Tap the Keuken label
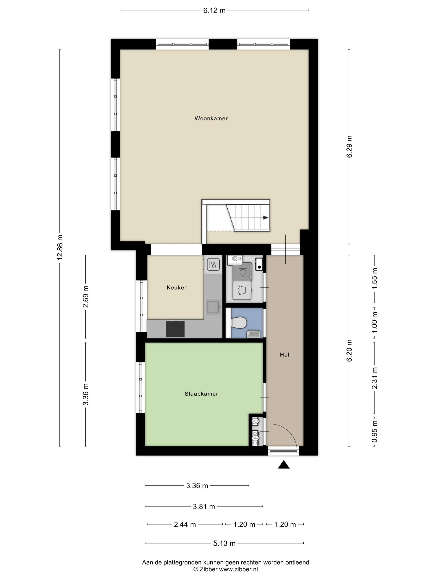tap(177, 287)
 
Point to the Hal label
tap(284, 355)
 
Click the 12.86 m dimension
tap(60, 247)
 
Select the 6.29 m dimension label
tap(349, 147)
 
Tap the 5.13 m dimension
tap(224, 543)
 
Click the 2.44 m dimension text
tap(185, 525)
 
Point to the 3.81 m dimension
tap(204, 507)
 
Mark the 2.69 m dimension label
tap(86, 297)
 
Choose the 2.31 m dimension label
tap(375, 378)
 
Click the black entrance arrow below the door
tap(284, 465)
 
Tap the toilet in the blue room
tap(238, 323)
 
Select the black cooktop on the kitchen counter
tap(175, 329)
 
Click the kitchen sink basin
tap(213, 307)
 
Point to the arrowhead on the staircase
tap(266, 218)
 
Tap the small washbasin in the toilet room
tap(253, 334)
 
